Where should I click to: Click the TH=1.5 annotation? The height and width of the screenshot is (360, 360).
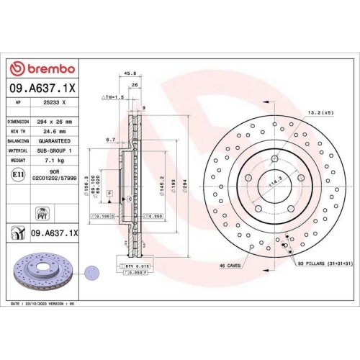[114, 96]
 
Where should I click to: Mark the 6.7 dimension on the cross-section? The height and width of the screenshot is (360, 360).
[110, 140]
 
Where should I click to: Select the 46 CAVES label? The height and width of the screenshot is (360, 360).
[230, 266]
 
